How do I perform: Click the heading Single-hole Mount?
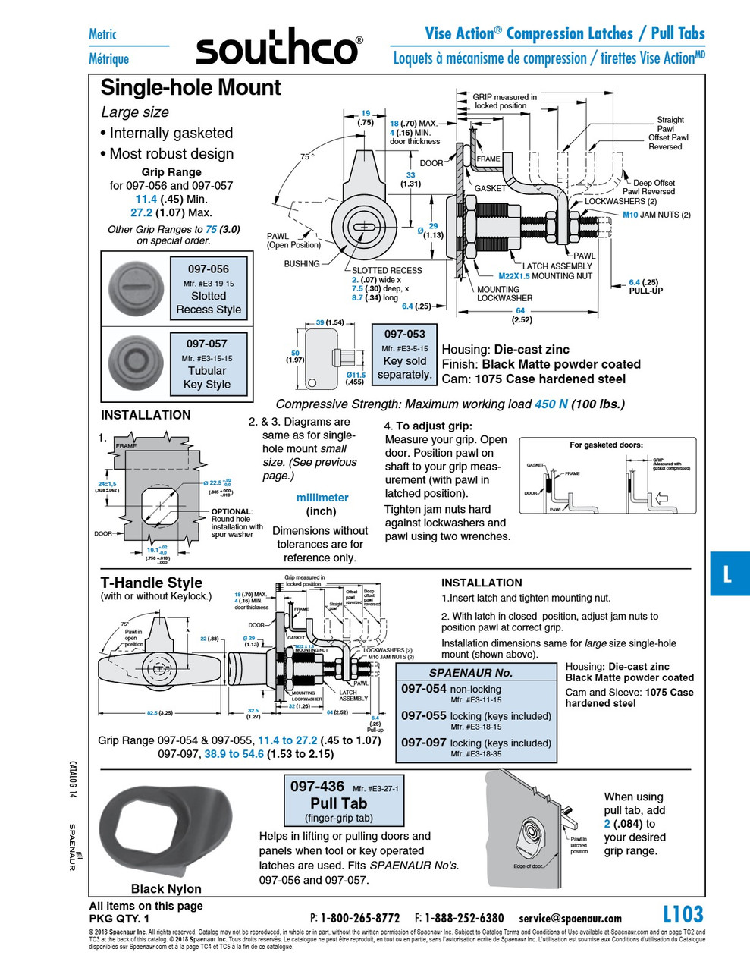click(190, 88)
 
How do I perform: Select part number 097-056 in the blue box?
click(208, 269)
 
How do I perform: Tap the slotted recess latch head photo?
click(136, 289)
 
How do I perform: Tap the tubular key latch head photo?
click(136, 362)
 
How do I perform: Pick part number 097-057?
click(206, 344)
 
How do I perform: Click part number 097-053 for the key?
click(404, 334)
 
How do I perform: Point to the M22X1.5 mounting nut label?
click(545, 276)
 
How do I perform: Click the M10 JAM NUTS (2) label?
click(656, 215)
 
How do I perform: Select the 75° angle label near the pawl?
click(306, 157)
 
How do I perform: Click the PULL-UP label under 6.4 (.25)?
click(645, 291)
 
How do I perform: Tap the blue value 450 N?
click(551, 404)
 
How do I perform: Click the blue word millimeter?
click(322, 498)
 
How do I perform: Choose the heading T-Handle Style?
click(152, 583)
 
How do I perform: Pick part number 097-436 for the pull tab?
click(317, 787)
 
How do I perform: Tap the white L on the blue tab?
click(727, 574)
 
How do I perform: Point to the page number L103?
click(683, 914)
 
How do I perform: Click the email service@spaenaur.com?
click(570, 919)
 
